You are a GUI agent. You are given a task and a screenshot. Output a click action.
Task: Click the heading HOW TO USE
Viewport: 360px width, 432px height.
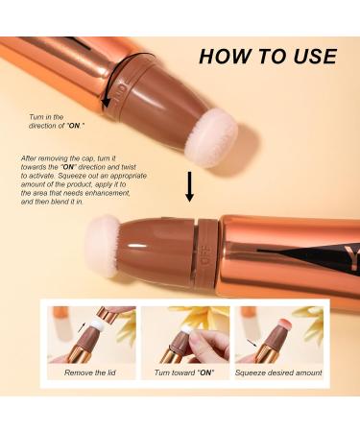pyautogui.click(x=267, y=57)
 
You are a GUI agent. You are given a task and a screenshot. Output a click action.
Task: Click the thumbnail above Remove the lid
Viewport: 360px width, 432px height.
pyautogui.click(x=90, y=333)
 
